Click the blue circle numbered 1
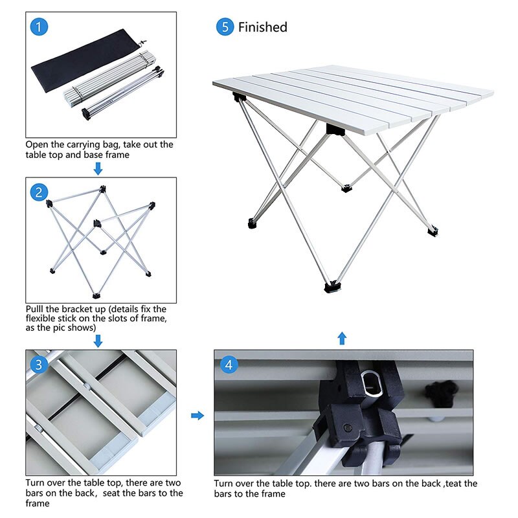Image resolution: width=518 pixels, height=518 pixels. pos(39,27)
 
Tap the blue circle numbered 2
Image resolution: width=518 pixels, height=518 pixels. pos(39,192)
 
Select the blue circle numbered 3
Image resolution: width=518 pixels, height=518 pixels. pos(39,365)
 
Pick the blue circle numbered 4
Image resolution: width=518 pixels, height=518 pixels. pos(227,365)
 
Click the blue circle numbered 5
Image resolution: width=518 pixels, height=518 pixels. pos(225,27)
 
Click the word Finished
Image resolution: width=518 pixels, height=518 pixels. pos(262,27)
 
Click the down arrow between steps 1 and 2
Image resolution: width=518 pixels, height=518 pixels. pos(98,169)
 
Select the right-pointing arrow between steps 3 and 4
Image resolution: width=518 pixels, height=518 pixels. pos(197,415)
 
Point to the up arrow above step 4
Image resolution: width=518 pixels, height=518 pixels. pos(342,338)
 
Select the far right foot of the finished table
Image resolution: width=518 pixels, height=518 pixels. pos(433,229)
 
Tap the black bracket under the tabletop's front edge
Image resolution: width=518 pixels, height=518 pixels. pos(334,129)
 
